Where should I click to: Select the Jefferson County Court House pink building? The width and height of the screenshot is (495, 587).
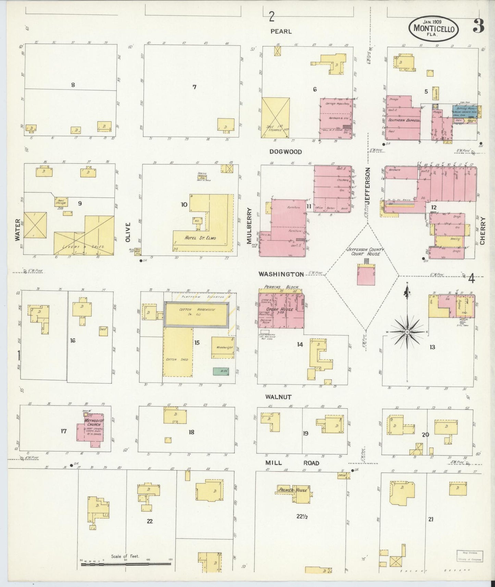click(366, 275)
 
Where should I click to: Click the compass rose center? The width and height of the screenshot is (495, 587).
click(407, 332)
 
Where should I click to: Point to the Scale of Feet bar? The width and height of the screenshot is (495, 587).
click(126, 563)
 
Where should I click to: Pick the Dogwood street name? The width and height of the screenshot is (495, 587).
click(285, 152)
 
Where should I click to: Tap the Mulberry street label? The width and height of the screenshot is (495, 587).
click(249, 226)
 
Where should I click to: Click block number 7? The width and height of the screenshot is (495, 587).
click(194, 87)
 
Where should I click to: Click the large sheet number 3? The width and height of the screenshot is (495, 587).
click(478, 26)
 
